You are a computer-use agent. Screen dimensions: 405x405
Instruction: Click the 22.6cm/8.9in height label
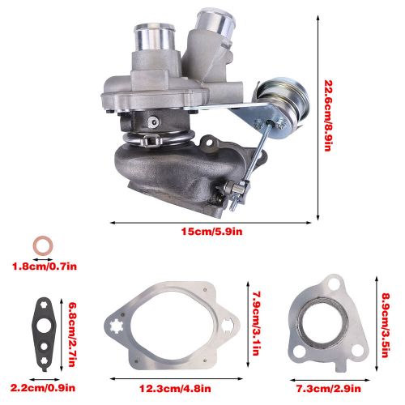327,116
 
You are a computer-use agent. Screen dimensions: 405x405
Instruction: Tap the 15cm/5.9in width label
211,232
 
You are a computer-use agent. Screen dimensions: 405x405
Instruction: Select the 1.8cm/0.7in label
45,266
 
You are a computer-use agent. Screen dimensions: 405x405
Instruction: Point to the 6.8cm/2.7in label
72,335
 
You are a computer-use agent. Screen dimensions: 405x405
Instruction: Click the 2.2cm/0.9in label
43,388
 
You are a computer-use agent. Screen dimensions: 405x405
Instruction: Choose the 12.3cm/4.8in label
175,389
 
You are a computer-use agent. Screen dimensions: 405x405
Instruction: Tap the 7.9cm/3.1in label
255,323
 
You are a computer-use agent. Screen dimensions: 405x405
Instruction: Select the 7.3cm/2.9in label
329,389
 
